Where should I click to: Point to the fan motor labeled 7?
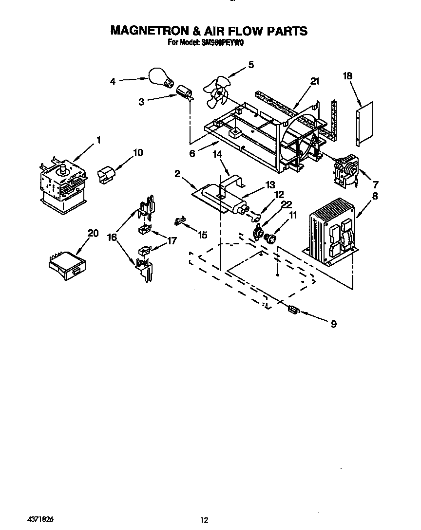pos(344,170)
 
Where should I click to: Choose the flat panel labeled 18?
pos(365,123)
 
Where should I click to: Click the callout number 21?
pos(315,81)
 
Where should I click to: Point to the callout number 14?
pos(217,154)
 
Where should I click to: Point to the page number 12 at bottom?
pos(205,520)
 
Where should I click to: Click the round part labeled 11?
pos(270,238)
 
